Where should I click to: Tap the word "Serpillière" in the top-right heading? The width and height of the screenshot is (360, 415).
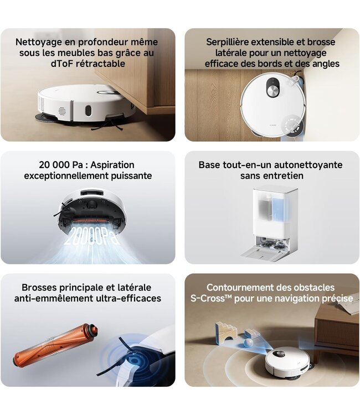pyautogui.click(x=230, y=41)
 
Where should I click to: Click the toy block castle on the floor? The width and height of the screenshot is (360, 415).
pyautogui.click(x=227, y=332)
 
